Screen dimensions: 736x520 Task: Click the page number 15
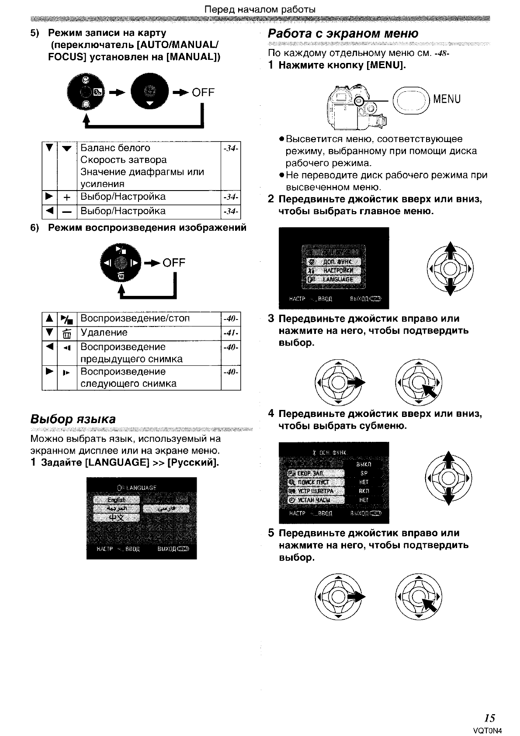(489, 718)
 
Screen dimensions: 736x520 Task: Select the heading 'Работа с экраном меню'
(343, 33)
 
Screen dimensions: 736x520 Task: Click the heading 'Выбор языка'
(73, 419)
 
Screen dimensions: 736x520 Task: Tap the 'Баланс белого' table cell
(115, 148)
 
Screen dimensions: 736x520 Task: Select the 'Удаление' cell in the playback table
(104, 333)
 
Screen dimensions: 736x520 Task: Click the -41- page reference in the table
(231, 333)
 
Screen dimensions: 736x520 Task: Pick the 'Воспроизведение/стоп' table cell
(135, 318)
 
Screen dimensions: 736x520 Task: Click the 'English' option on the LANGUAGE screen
(116, 500)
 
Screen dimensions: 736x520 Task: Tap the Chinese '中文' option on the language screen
(116, 518)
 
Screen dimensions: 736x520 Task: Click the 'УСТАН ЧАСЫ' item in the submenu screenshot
(316, 500)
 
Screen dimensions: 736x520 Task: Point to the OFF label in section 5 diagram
(203, 92)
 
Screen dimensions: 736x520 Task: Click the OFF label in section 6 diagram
(174, 263)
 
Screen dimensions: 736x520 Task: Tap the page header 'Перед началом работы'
(260, 9)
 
